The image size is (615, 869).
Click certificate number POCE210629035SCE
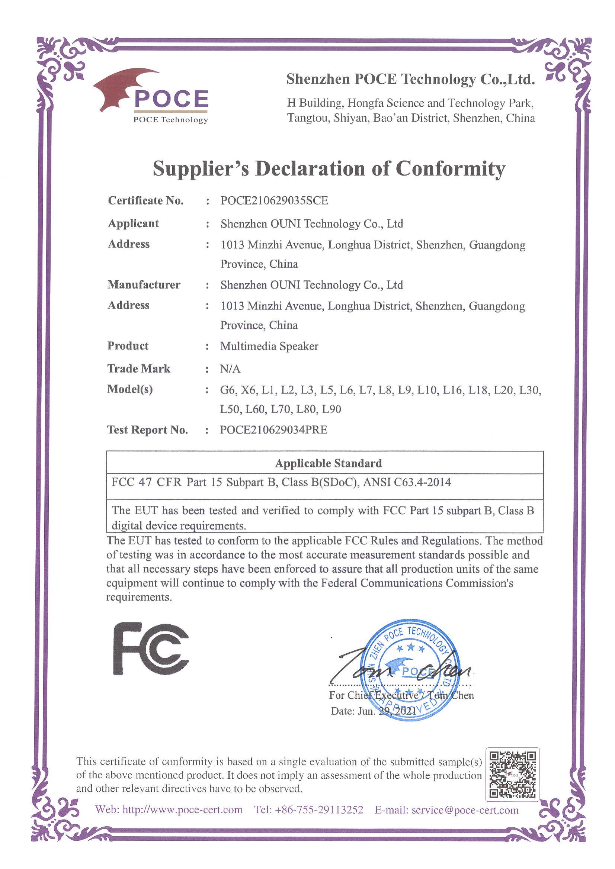(274, 200)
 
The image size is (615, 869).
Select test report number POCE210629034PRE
(273, 430)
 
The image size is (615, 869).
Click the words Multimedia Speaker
(269, 346)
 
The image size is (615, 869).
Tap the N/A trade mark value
(230, 368)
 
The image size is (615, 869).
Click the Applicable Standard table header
(328, 463)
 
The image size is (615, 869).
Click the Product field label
(128, 345)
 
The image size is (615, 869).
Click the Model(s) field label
(130, 389)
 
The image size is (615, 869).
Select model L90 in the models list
(331, 409)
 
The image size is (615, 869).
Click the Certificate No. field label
(146, 200)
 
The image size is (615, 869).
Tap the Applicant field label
(133, 223)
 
